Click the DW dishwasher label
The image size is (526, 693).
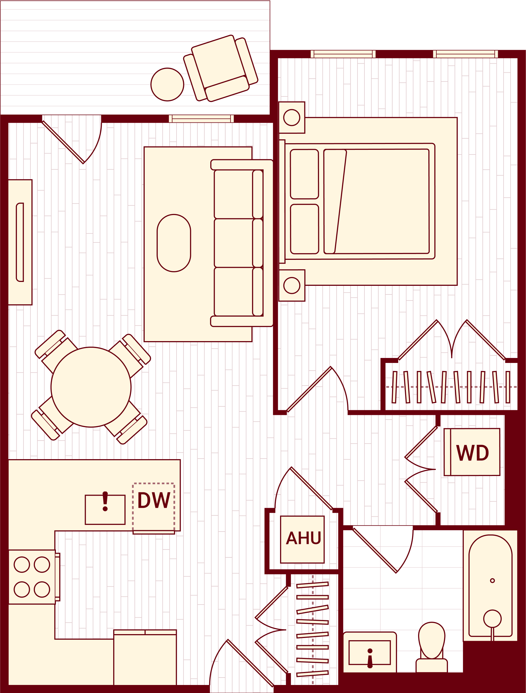[154, 500]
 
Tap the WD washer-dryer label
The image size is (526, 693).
[472, 453]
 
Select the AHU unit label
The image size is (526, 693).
[303, 538]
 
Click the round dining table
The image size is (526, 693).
[91, 387]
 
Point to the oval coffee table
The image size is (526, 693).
[174, 243]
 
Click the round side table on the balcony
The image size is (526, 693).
[167, 85]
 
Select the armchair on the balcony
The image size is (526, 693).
[221, 68]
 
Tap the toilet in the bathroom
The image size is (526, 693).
[432, 642]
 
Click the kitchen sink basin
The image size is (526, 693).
[105, 510]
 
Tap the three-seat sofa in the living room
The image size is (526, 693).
[241, 243]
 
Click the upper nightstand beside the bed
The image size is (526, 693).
[292, 117]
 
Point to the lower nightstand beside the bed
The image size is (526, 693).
[292, 285]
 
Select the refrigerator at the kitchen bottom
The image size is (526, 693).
[145, 658]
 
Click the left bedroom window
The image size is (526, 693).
[343, 54]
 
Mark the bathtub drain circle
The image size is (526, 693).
[493, 581]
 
